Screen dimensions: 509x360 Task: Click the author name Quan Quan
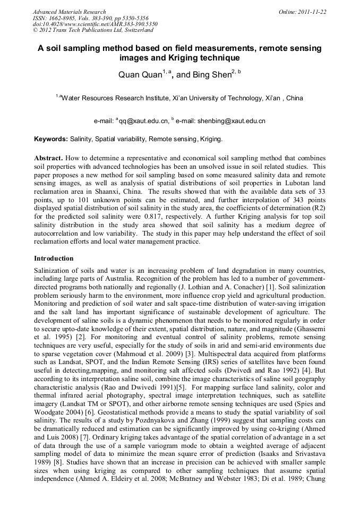139,75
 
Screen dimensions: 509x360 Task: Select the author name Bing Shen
211,75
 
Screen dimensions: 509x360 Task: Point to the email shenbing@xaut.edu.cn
231,122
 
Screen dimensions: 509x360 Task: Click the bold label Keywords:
51,140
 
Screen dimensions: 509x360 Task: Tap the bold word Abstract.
48,158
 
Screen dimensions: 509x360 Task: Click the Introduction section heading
54,258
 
